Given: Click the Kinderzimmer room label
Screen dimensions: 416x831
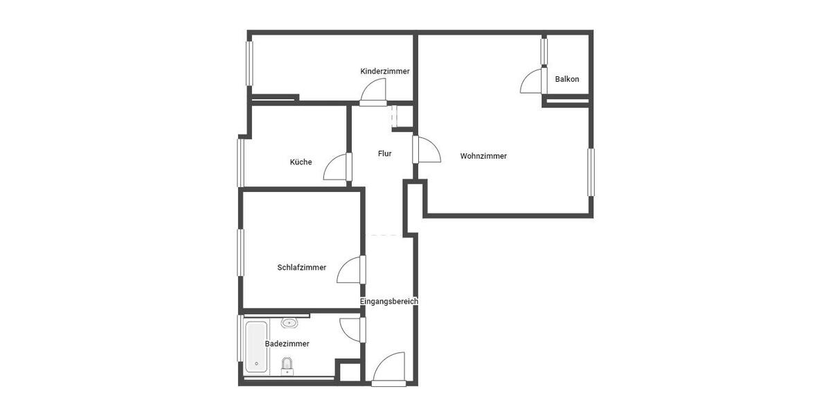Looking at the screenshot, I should [x=384, y=71].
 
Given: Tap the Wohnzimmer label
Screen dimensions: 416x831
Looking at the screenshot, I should [x=483, y=156].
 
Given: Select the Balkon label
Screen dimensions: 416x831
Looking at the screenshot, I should [x=566, y=79].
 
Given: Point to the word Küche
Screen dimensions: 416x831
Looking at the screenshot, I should [x=301, y=162].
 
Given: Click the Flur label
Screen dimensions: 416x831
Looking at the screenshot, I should [x=384, y=154].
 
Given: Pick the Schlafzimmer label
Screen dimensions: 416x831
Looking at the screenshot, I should [x=301, y=268].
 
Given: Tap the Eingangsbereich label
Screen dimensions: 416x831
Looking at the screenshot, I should [x=388, y=302].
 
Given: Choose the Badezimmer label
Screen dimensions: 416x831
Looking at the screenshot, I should [x=287, y=344].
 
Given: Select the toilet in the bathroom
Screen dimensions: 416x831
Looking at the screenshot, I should [x=287, y=365].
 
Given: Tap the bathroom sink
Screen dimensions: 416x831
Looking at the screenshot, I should [x=289, y=322].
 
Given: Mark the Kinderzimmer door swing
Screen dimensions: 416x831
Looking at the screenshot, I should [x=375, y=91].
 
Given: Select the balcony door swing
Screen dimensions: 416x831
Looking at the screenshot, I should [x=532, y=81].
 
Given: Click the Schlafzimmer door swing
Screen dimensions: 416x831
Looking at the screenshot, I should [x=350, y=270].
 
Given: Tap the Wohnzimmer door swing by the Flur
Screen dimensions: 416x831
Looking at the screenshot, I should [x=428, y=150].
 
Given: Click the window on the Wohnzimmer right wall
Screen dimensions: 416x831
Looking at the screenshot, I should [x=591, y=172].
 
